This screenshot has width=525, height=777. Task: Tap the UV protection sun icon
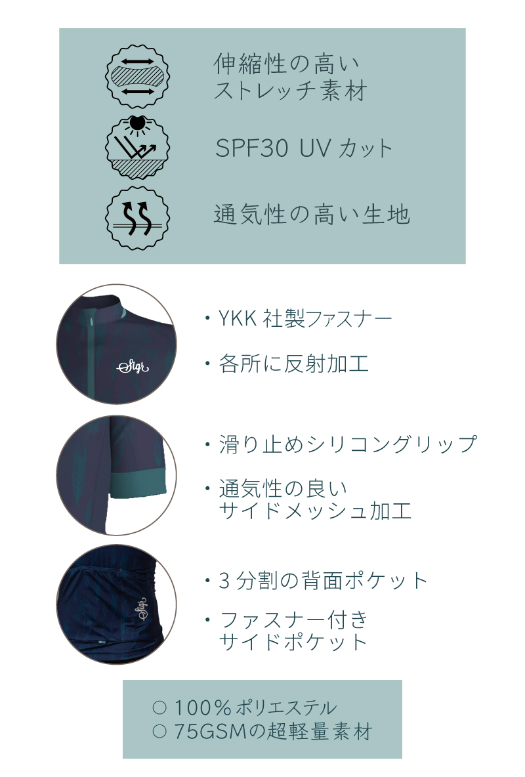pyautogui.click(x=138, y=147)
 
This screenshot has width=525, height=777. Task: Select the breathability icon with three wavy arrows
pyautogui.click(x=138, y=217)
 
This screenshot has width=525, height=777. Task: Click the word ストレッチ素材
pyautogui.click(x=289, y=91)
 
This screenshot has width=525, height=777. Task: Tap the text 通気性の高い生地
pyautogui.click(x=312, y=215)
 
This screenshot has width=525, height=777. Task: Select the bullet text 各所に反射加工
pyautogui.click(x=293, y=363)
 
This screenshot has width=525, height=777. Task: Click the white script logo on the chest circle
pyautogui.click(x=133, y=366)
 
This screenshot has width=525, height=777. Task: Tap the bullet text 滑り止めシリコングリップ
pyautogui.click(x=347, y=444)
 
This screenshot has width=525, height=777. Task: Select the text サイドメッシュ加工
pyautogui.click(x=315, y=510)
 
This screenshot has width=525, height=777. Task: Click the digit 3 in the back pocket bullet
pyautogui.click(x=224, y=581)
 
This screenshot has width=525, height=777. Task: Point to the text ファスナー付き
pyautogui.click(x=294, y=619)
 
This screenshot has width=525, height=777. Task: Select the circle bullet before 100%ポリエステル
pyautogui.click(x=158, y=707)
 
